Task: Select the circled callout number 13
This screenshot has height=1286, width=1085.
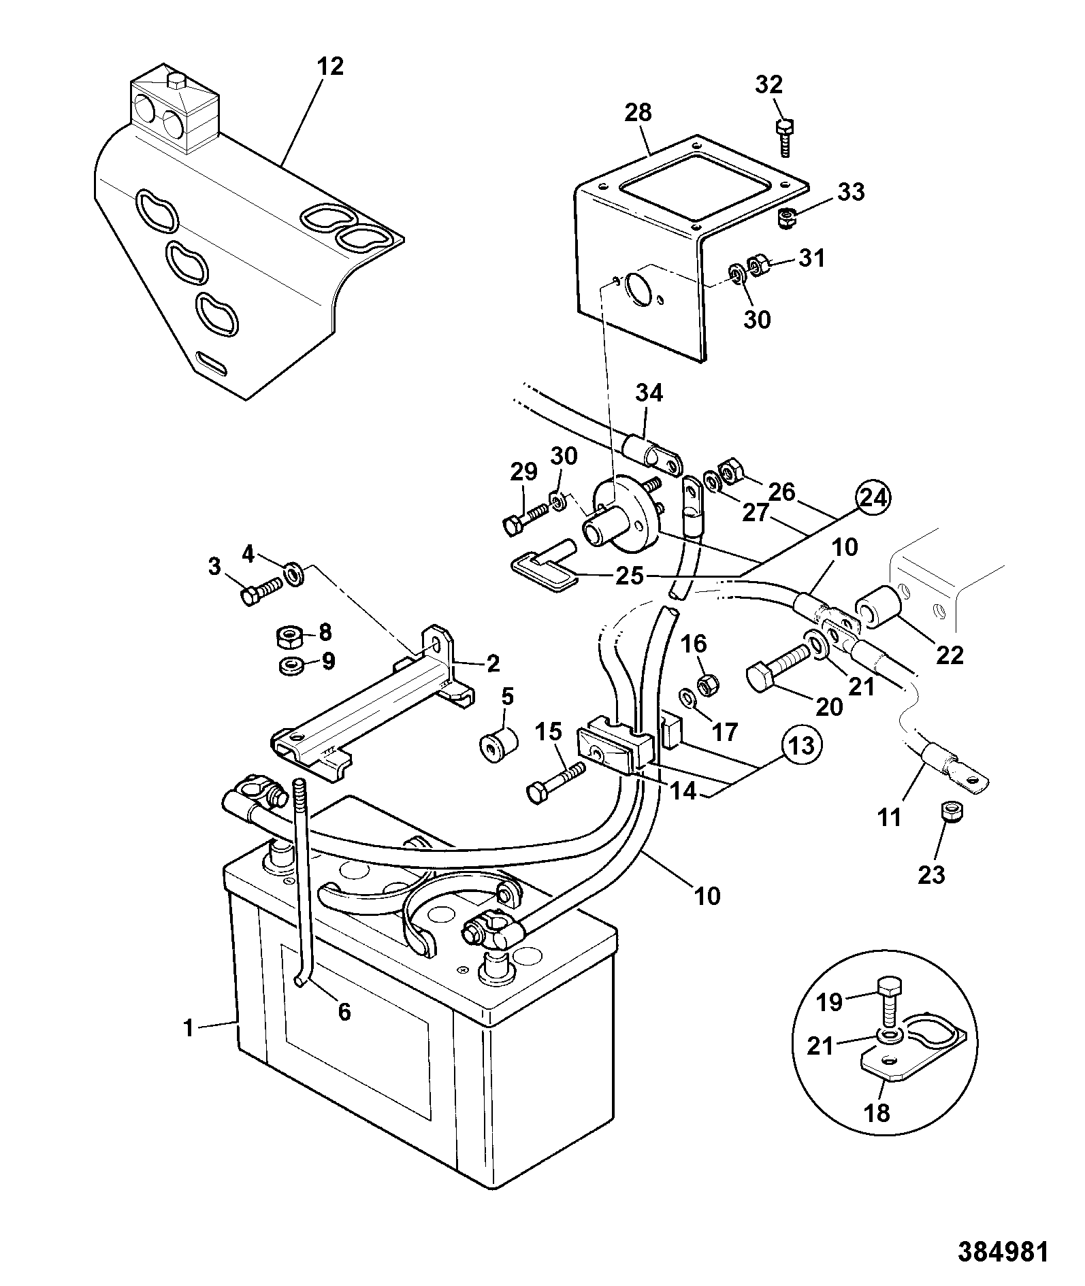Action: tap(803, 746)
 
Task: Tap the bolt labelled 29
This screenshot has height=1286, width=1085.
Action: tap(525, 523)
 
